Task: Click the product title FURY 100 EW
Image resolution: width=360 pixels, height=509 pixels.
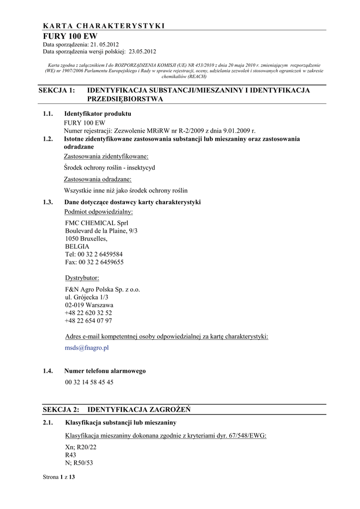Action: pos(70,36)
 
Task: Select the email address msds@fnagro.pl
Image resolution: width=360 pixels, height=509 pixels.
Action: pos(87,348)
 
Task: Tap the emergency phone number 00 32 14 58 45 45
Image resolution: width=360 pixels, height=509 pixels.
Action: pos(89,382)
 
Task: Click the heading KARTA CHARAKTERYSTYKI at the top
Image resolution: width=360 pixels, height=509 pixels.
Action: pos(103,26)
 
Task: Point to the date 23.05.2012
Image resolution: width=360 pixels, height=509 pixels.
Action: pos(143,51)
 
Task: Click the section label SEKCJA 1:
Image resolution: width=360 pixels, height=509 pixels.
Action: pos(59,90)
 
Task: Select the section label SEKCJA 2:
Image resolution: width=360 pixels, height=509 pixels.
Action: pos(61,410)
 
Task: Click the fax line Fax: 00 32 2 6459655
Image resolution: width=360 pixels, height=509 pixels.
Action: pos(94,262)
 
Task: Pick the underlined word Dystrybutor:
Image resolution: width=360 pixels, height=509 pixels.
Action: pos(82,277)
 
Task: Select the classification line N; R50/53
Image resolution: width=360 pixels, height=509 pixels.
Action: pos(79,463)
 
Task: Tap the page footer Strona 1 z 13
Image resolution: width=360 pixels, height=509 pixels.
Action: pos(59,477)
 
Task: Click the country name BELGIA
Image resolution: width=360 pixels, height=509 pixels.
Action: pos(77,246)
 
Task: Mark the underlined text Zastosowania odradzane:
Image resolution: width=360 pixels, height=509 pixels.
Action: pos(97,179)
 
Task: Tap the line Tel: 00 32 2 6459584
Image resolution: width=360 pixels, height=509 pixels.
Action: pos(94,254)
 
